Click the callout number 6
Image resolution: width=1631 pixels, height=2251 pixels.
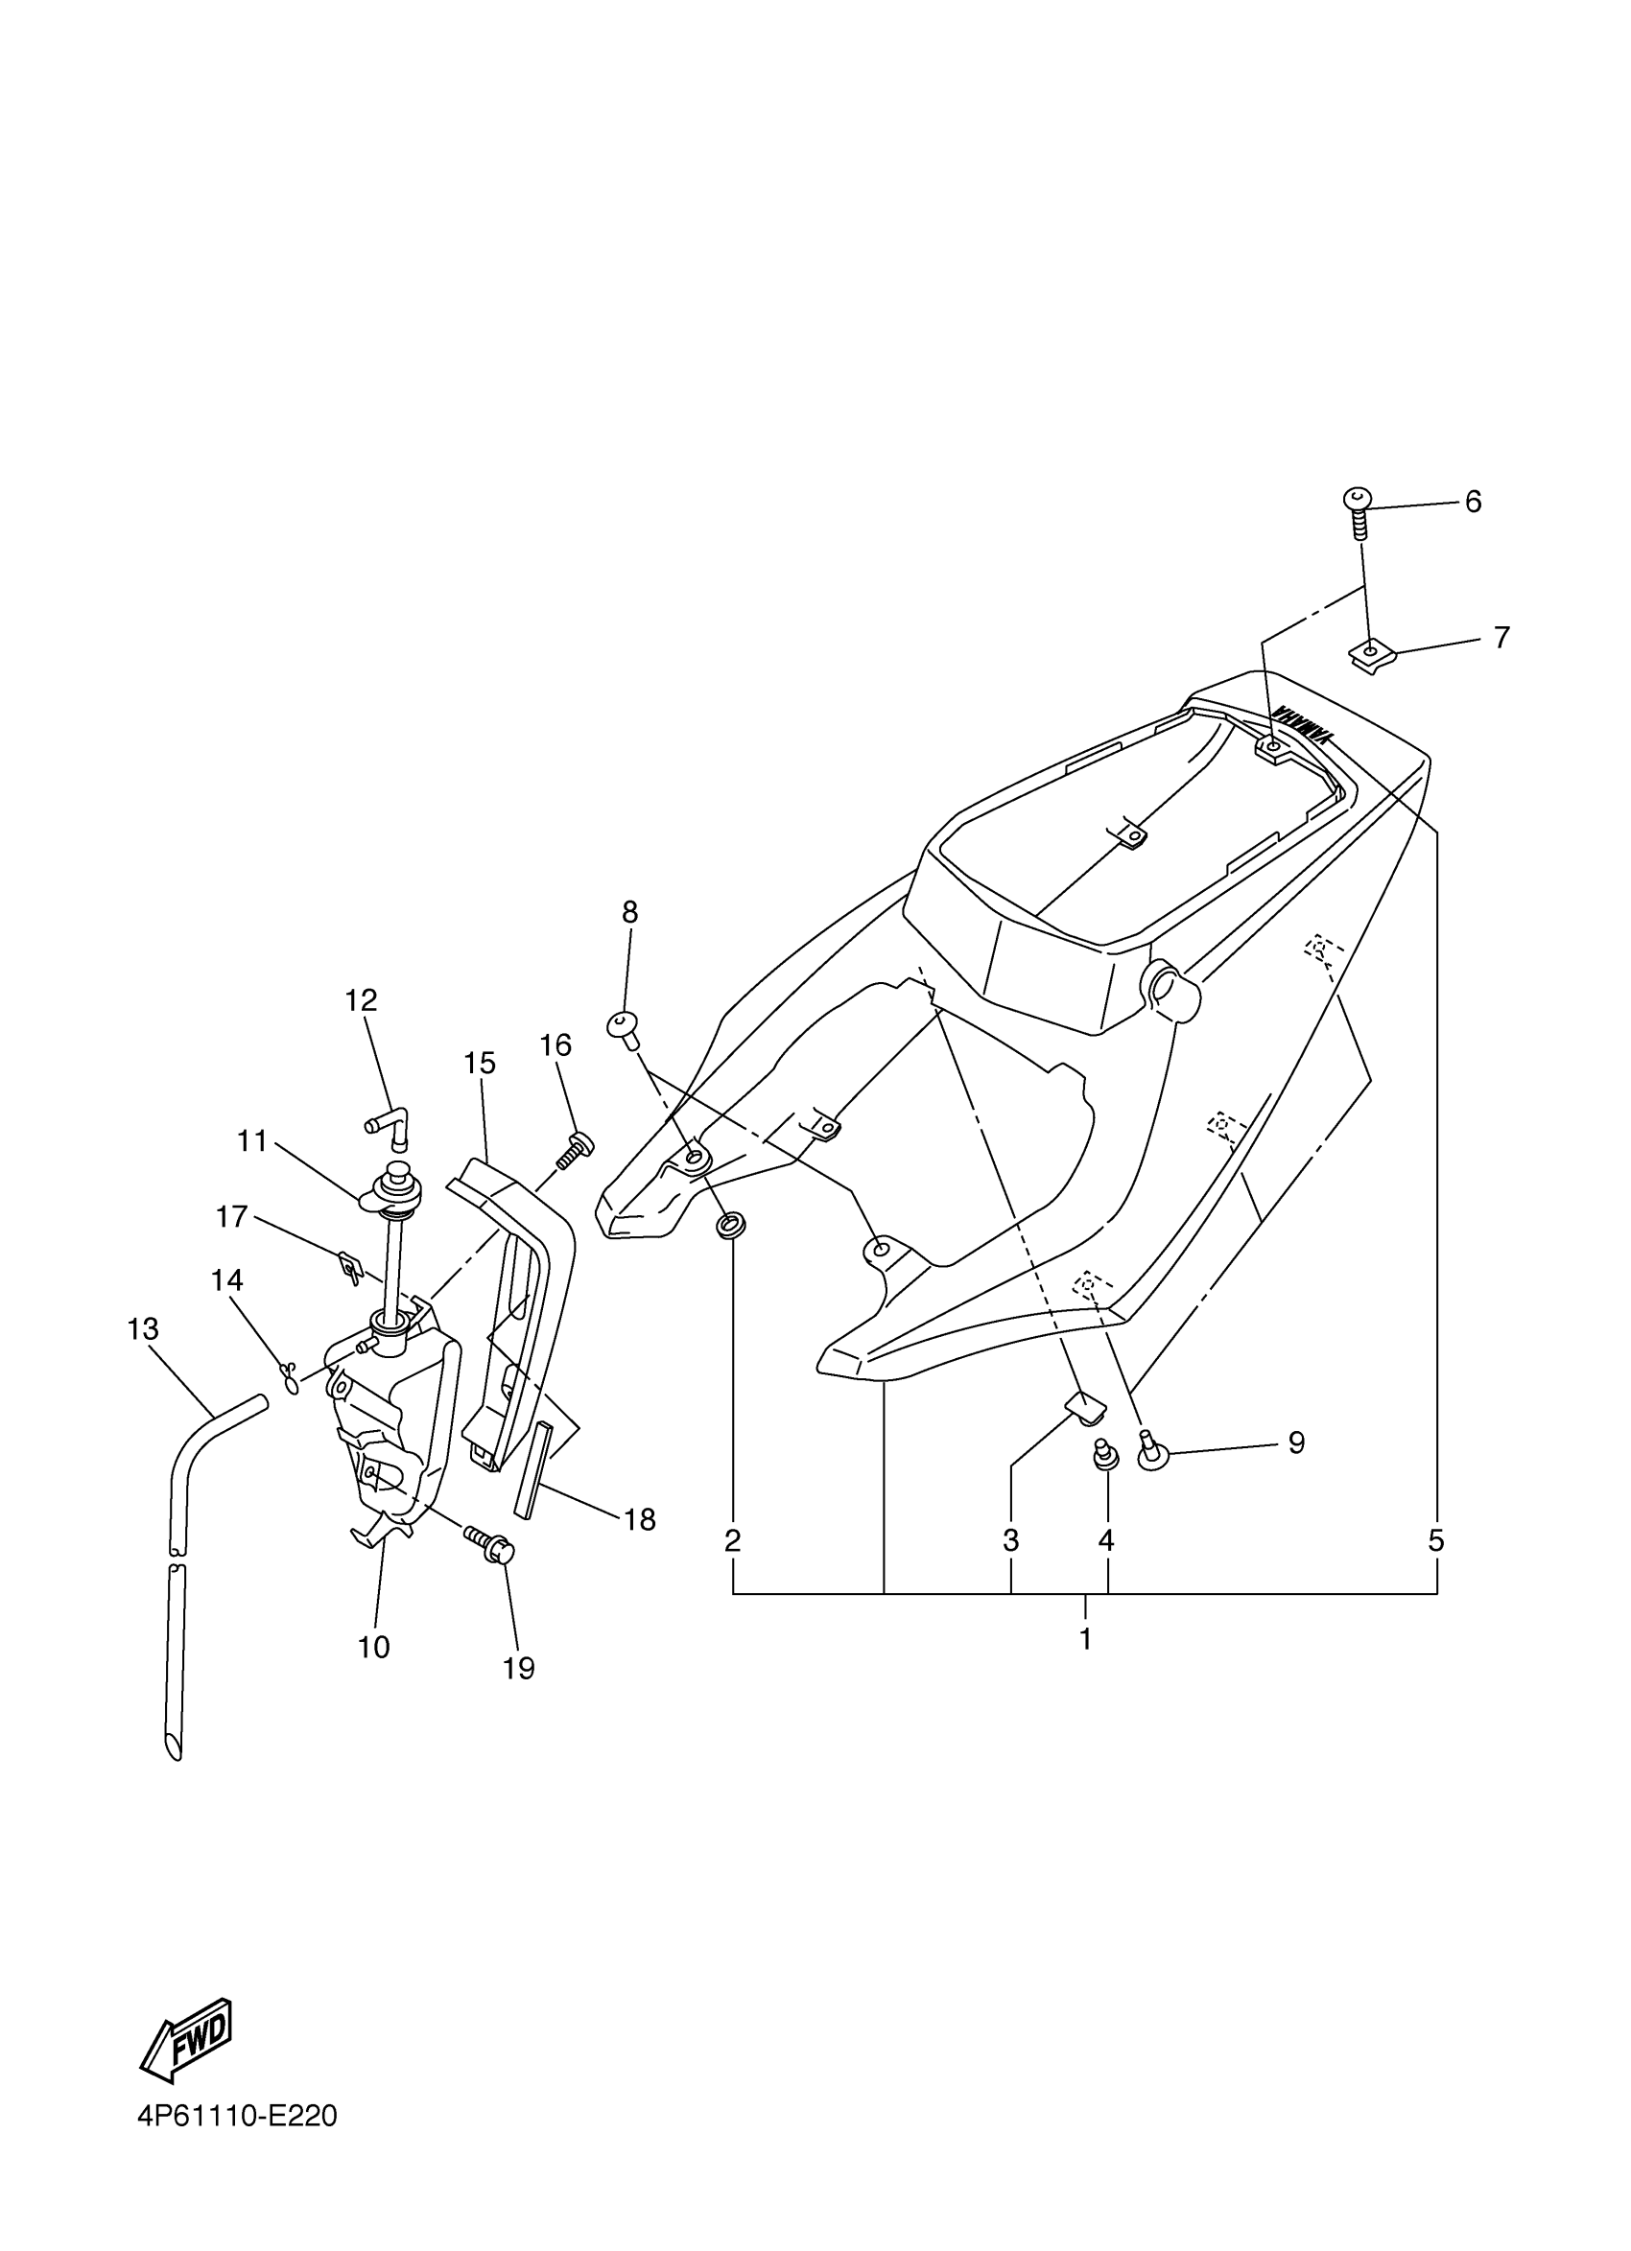(x=1472, y=503)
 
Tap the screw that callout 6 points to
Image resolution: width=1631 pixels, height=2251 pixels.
(x=1358, y=510)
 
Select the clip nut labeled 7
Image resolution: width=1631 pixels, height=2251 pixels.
(x=1372, y=654)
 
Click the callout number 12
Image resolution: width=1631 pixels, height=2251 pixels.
(x=361, y=1000)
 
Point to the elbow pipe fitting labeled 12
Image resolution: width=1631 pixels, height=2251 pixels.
(x=389, y=1129)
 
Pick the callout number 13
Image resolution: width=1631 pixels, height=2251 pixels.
(x=143, y=1329)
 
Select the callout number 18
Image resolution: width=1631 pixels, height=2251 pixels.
(x=639, y=1519)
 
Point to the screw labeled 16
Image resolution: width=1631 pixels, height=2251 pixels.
(x=574, y=1153)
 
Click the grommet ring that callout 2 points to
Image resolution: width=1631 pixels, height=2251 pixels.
(x=729, y=1226)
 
